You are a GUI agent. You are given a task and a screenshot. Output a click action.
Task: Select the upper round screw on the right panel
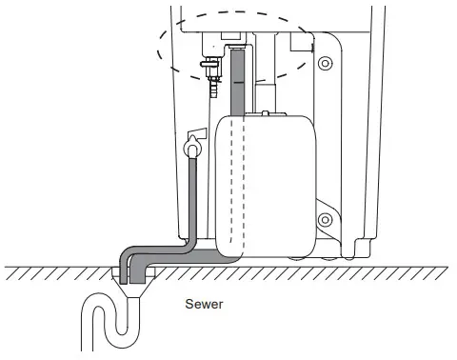[x=327, y=64]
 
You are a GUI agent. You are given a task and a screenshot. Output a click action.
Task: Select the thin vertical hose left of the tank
[x=192, y=200]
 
